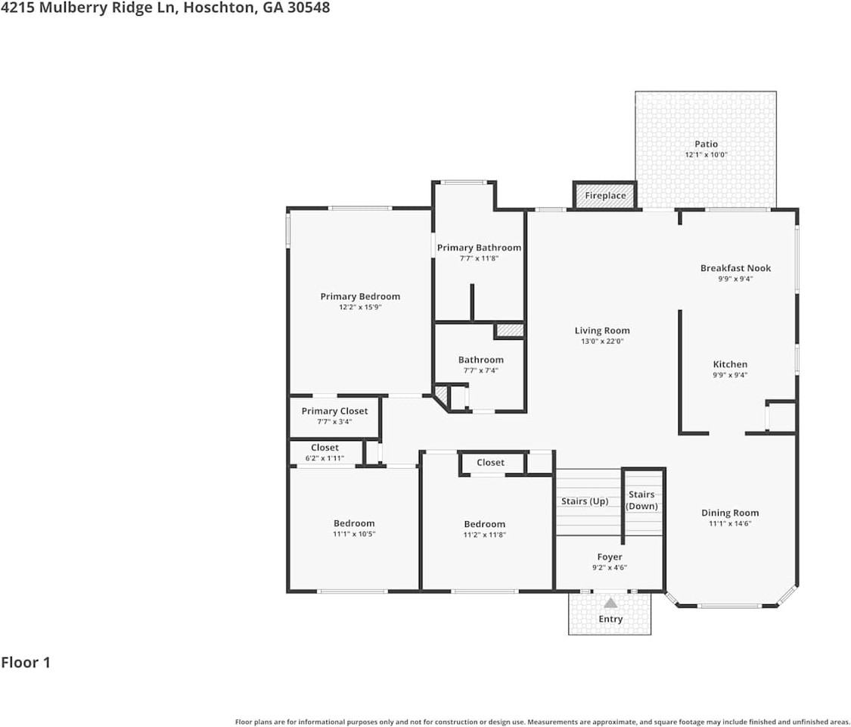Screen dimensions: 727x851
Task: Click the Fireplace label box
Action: click(x=605, y=195)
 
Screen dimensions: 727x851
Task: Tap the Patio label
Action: click(x=706, y=144)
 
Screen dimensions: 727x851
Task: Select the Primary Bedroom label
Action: click(x=360, y=296)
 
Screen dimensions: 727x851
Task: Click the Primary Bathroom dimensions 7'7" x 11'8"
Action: click(x=479, y=258)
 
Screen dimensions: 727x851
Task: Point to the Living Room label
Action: click(x=602, y=330)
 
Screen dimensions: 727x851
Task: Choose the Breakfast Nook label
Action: click(x=735, y=268)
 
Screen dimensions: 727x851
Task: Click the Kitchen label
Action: click(x=730, y=364)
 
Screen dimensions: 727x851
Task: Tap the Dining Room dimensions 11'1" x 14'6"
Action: click(x=729, y=523)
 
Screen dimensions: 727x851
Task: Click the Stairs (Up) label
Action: click(x=584, y=501)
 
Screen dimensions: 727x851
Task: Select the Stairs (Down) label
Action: click(x=641, y=501)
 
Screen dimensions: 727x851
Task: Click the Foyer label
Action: click(x=610, y=557)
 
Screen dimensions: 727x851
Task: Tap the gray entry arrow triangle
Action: click(x=610, y=603)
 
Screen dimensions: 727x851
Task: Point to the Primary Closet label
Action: click(x=334, y=411)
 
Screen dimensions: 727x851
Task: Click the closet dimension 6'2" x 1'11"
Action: click(x=325, y=458)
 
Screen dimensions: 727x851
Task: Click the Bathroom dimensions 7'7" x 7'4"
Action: click(x=480, y=370)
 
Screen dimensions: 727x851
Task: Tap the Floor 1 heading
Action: click(x=26, y=663)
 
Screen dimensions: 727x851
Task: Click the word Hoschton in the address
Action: click(x=216, y=8)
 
